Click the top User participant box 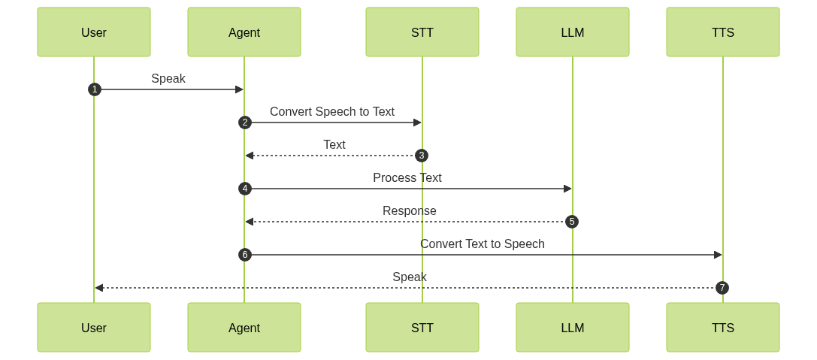point(94,32)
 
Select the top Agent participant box point(244,32)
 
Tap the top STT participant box point(422,32)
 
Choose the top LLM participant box point(573,32)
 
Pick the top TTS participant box point(723,32)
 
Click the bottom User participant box point(94,328)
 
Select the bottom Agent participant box point(244,328)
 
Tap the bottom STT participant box point(422,328)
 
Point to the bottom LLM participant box point(573,328)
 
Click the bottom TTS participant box point(723,328)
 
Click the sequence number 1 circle point(94,89)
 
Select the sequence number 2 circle point(244,123)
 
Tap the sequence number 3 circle point(422,156)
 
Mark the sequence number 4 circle point(244,189)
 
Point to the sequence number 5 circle point(572,222)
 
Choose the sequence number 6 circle point(244,255)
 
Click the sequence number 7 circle point(722,288)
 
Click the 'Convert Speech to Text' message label point(332,111)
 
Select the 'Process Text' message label point(407,177)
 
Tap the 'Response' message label point(410,210)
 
